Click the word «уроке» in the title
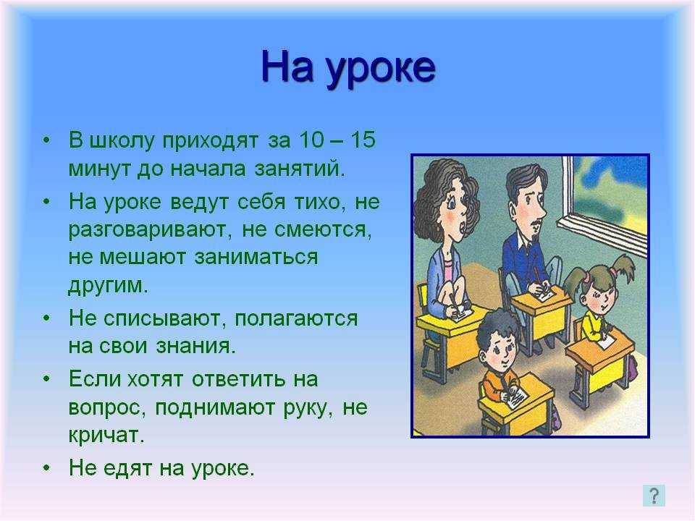point(381,69)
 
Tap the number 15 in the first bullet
point(363,140)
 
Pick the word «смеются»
point(323,230)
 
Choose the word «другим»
point(108,285)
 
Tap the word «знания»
point(195,347)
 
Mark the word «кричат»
point(106,435)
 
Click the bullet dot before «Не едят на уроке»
point(47,468)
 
